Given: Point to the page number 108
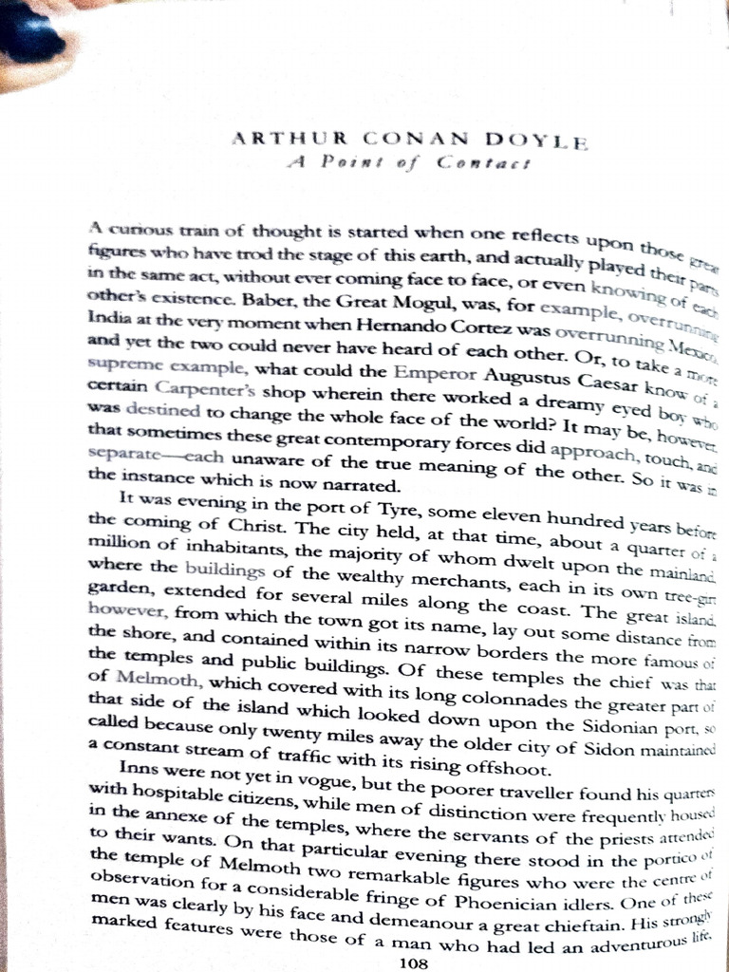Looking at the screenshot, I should [416, 963].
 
